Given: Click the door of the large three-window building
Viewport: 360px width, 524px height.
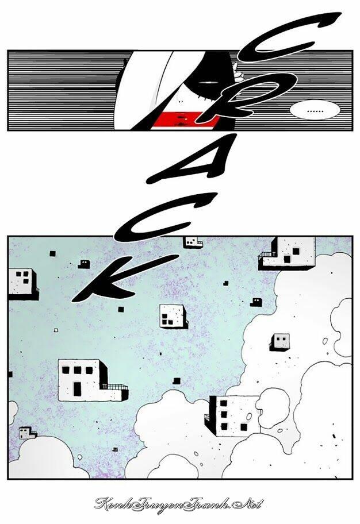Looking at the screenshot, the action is tap(77, 390).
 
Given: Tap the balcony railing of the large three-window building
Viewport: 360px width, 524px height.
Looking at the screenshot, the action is tap(116, 387).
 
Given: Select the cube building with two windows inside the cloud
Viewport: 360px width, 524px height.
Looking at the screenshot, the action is tap(279, 342).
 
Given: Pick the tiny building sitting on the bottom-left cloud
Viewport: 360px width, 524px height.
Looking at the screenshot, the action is tap(28, 433).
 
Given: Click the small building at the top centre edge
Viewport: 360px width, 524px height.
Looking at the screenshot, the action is tap(193, 242).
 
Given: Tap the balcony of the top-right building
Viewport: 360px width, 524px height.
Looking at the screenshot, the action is tap(266, 256).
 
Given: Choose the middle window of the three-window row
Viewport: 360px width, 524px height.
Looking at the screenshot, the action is tap(77, 370).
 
